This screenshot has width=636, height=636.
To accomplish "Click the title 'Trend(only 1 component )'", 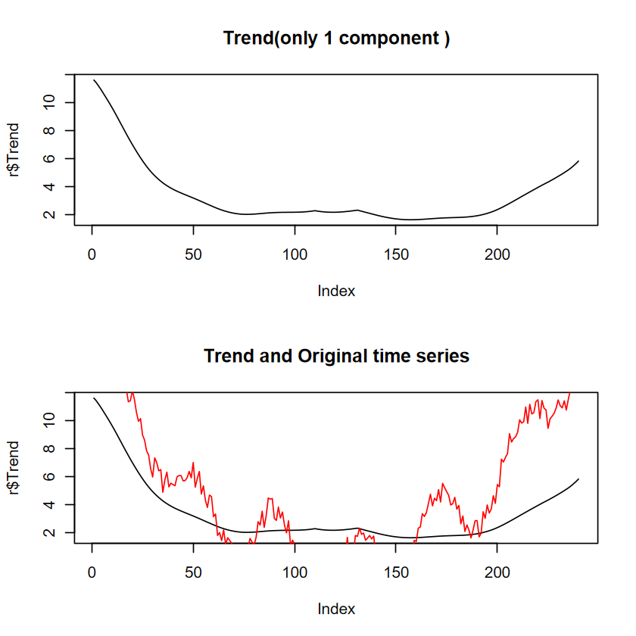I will [336, 39].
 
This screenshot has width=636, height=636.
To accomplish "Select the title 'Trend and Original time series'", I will [336, 356].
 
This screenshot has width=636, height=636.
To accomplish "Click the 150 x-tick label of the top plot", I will [396, 254].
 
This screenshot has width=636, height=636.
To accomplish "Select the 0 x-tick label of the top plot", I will [92, 254].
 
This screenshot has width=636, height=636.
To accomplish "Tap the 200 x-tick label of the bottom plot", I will [497, 572].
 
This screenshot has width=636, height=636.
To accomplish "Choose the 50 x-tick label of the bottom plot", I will [193, 572].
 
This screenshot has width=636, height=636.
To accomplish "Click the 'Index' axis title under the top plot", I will [336, 291].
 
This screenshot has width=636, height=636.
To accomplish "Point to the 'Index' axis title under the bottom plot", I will [336, 609].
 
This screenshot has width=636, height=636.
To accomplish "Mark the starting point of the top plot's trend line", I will [94, 80].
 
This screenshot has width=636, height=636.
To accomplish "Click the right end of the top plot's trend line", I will [578, 161].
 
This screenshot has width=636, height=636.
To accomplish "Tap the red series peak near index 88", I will [270, 498].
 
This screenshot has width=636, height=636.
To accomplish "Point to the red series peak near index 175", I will [443, 483].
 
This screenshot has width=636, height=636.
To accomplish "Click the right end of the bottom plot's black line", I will [578, 479].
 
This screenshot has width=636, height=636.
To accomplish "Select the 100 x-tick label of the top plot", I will [295, 254].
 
